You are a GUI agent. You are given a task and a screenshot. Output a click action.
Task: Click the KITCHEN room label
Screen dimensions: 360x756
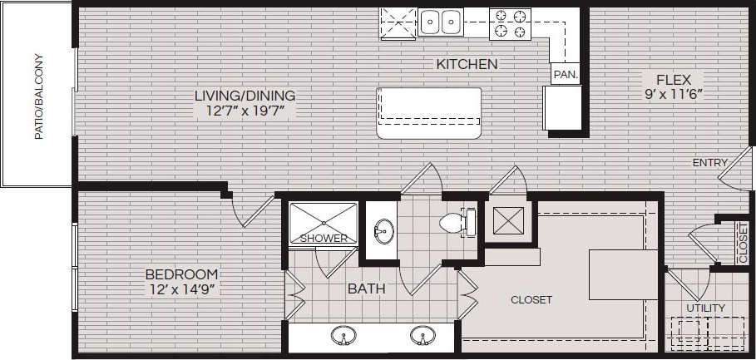(467, 64)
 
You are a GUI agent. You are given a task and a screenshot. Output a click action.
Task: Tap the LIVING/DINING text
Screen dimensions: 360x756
(245, 96)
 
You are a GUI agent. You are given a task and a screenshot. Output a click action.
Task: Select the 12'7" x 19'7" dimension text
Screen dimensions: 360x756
(245, 111)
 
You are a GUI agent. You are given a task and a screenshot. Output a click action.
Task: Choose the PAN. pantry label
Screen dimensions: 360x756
(565, 74)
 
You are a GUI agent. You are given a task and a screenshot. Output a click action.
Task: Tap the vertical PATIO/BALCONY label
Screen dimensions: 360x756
(37, 97)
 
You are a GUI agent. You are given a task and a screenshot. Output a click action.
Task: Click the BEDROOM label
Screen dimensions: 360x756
(181, 274)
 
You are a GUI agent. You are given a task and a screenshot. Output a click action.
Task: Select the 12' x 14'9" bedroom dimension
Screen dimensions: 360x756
(181, 289)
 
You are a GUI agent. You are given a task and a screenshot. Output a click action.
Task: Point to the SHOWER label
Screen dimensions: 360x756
(324, 239)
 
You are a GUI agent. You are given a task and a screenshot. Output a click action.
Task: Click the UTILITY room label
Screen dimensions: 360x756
(705, 308)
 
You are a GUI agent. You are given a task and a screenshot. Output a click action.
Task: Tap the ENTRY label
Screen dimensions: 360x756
(709, 163)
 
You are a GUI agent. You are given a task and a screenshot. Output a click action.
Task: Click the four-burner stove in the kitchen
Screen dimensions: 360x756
(510, 22)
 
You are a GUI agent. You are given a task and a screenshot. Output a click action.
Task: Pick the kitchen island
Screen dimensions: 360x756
(428, 113)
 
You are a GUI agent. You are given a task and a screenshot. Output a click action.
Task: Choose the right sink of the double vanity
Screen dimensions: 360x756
(422, 337)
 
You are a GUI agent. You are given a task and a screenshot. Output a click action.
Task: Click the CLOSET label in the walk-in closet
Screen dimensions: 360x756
(531, 300)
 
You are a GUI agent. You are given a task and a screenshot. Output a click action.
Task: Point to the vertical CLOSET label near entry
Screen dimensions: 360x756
(743, 240)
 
